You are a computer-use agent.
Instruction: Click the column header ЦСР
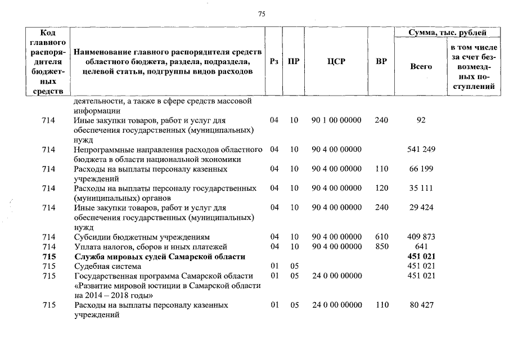336,62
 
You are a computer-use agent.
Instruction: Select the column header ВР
381,62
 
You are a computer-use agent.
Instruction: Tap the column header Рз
274,62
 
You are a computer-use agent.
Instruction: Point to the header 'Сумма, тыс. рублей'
448,33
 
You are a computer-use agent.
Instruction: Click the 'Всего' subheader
421,66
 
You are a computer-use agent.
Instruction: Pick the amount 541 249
421,149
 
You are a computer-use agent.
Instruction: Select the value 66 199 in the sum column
421,169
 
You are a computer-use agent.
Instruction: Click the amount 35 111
421,188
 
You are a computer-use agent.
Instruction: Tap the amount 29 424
421,208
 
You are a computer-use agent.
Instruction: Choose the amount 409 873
421,237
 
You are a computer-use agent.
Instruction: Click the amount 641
421,246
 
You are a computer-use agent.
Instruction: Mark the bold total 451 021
421,256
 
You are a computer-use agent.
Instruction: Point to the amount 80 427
421,305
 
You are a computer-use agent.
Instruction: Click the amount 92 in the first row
421,120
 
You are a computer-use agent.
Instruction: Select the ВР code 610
381,237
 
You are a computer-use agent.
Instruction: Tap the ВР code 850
381,246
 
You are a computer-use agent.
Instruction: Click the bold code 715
49,256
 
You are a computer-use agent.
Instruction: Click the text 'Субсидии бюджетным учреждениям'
142,237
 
